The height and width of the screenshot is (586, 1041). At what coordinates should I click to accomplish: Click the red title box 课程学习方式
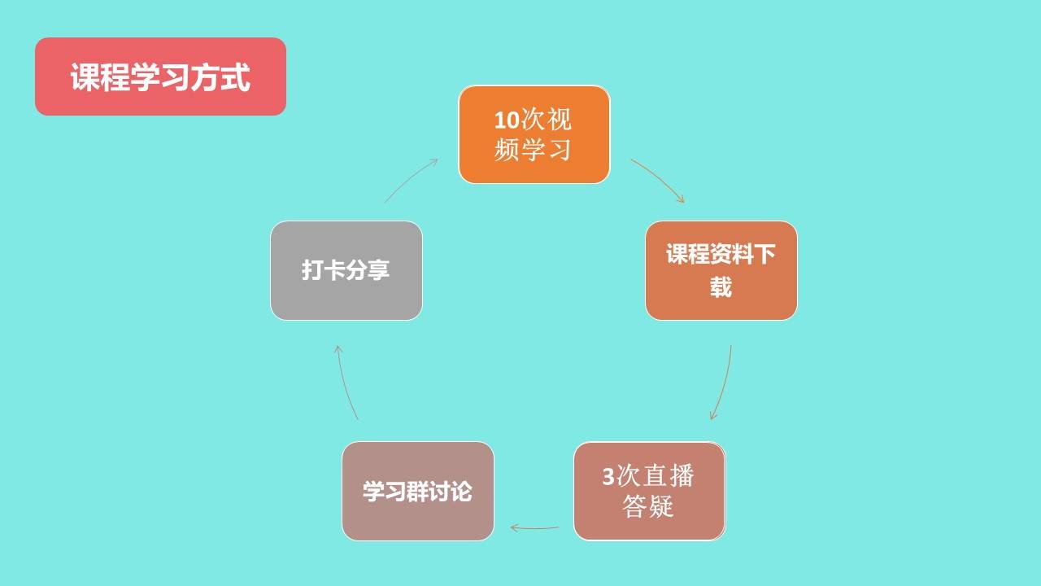[160, 77]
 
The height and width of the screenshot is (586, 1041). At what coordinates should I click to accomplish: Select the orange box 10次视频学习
[534, 134]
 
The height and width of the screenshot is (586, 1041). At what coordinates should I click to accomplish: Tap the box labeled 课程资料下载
[721, 270]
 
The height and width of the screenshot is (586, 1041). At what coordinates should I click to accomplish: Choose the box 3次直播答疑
[649, 491]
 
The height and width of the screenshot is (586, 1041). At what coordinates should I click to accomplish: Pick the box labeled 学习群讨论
[418, 491]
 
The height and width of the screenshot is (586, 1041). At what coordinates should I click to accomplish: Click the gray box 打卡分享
[346, 270]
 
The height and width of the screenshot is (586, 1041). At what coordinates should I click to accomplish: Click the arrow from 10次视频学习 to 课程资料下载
[658, 179]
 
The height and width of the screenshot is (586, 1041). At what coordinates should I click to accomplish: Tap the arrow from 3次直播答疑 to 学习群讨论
[534, 528]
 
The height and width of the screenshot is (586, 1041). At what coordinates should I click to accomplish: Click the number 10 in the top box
[507, 120]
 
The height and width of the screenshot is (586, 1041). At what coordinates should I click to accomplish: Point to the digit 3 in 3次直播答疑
[608, 476]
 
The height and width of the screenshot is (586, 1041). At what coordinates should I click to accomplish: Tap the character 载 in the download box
[721, 287]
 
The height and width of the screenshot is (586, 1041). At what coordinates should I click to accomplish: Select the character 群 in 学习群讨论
[418, 492]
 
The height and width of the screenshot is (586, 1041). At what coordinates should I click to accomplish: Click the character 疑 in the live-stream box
[660, 507]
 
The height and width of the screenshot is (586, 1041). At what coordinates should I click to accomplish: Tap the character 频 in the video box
[507, 150]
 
